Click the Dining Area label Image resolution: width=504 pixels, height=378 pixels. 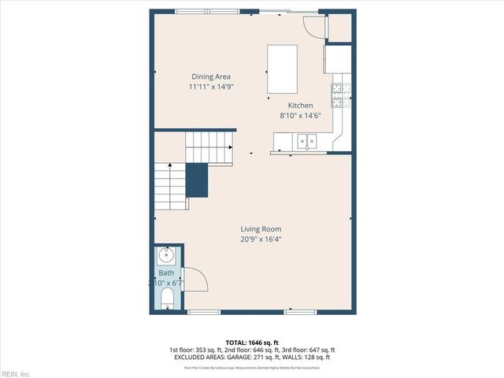[211, 76]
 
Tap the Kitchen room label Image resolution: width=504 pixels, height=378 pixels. [300, 106]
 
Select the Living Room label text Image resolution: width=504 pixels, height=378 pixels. [261, 229]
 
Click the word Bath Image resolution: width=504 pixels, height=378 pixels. [166, 272]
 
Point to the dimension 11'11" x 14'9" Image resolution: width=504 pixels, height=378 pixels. [211, 87]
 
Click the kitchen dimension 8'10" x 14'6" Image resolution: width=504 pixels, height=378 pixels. [300, 116]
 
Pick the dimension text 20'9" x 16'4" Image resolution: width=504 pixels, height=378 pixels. [261, 239]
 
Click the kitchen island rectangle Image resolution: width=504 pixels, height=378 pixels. [283, 69]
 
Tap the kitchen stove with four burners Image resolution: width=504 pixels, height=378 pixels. [341, 95]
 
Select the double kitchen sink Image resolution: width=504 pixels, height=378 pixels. [306, 141]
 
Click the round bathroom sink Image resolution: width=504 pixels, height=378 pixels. [167, 255]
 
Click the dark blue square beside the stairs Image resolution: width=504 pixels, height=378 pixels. [197, 180]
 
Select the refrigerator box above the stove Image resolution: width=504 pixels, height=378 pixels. [338, 60]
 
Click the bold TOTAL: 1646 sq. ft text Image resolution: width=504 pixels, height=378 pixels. [251, 343]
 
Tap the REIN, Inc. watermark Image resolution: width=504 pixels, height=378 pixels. [16, 373]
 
